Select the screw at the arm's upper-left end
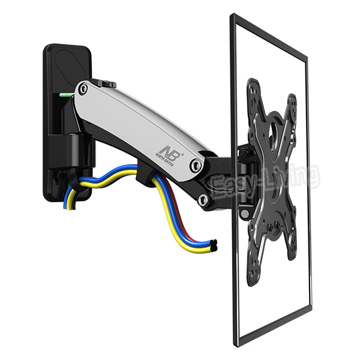coord(83,89)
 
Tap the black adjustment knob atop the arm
coord(107,83)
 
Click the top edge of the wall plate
coord(67,46)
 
